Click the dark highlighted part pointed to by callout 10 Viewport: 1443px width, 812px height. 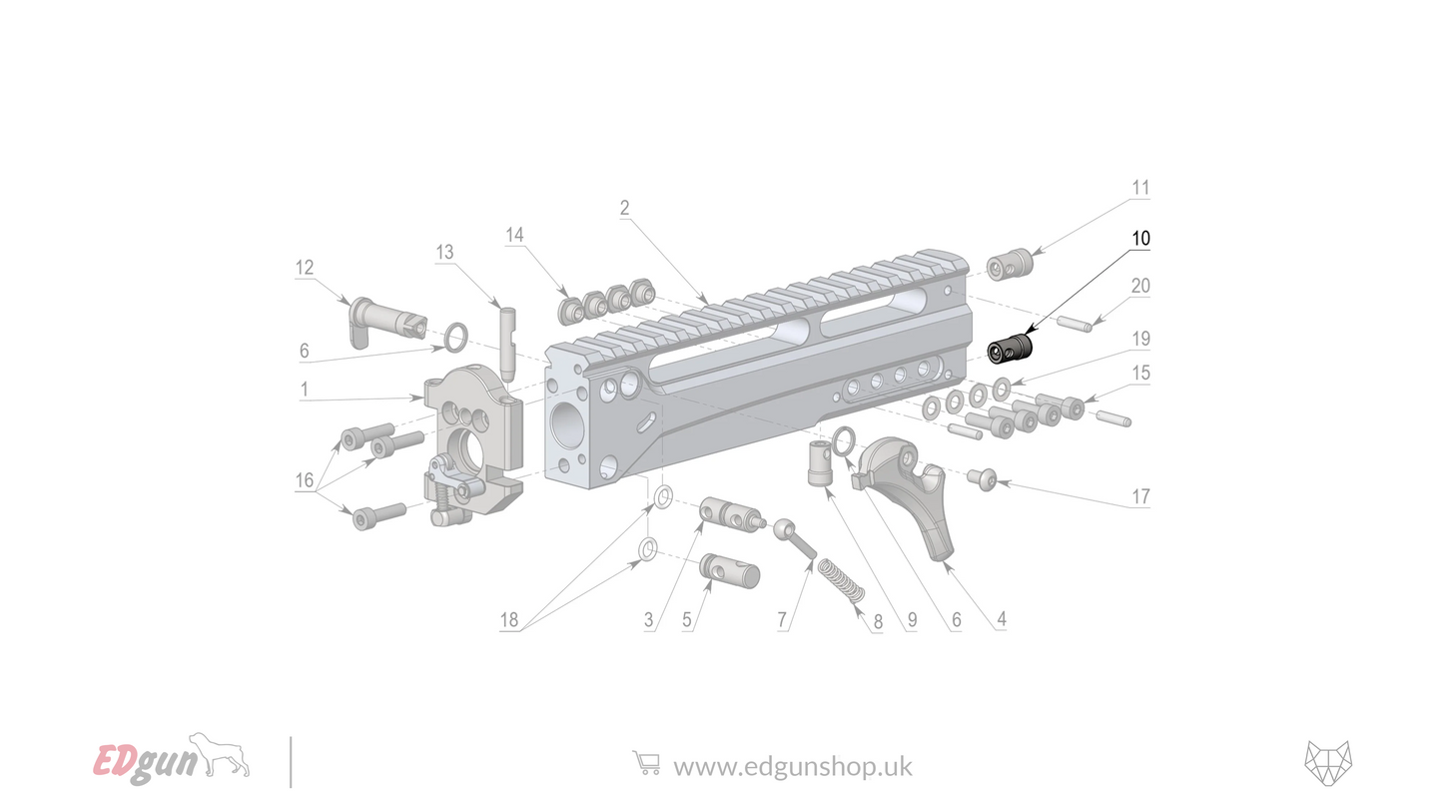[1010, 350]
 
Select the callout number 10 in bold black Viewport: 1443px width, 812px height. [1140, 239]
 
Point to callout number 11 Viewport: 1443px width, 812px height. [1140, 188]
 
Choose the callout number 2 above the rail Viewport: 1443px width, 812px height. [624, 208]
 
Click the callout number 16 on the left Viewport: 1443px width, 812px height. [304, 480]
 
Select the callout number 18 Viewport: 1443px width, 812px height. [509, 620]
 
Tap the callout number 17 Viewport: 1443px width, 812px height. [1140, 496]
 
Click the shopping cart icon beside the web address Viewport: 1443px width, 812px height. [646, 764]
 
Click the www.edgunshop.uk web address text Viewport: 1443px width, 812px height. [793, 766]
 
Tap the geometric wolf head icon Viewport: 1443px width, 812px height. [1327, 763]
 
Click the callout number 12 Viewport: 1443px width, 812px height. [304, 268]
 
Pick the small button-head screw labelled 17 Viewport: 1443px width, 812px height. [982, 480]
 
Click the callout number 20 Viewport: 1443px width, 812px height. [1140, 286]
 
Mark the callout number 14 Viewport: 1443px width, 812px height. [514, 235]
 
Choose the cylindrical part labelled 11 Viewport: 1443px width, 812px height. [1009, 266]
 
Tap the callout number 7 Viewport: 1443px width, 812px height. [783, 620]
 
